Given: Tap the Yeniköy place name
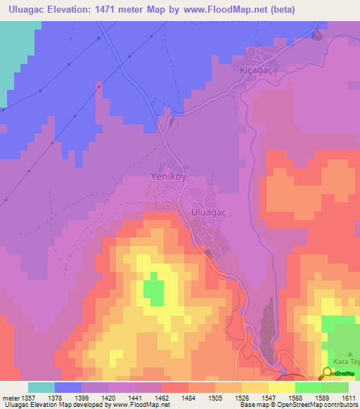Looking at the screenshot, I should coord(169,177).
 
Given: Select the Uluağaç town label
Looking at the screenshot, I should coord(207,211).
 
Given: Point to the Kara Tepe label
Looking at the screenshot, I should coord(346,361).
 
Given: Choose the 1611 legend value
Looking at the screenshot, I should coord(349,398).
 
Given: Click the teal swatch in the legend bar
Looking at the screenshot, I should coord(41,387).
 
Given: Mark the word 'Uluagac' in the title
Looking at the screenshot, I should coord(28,9).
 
